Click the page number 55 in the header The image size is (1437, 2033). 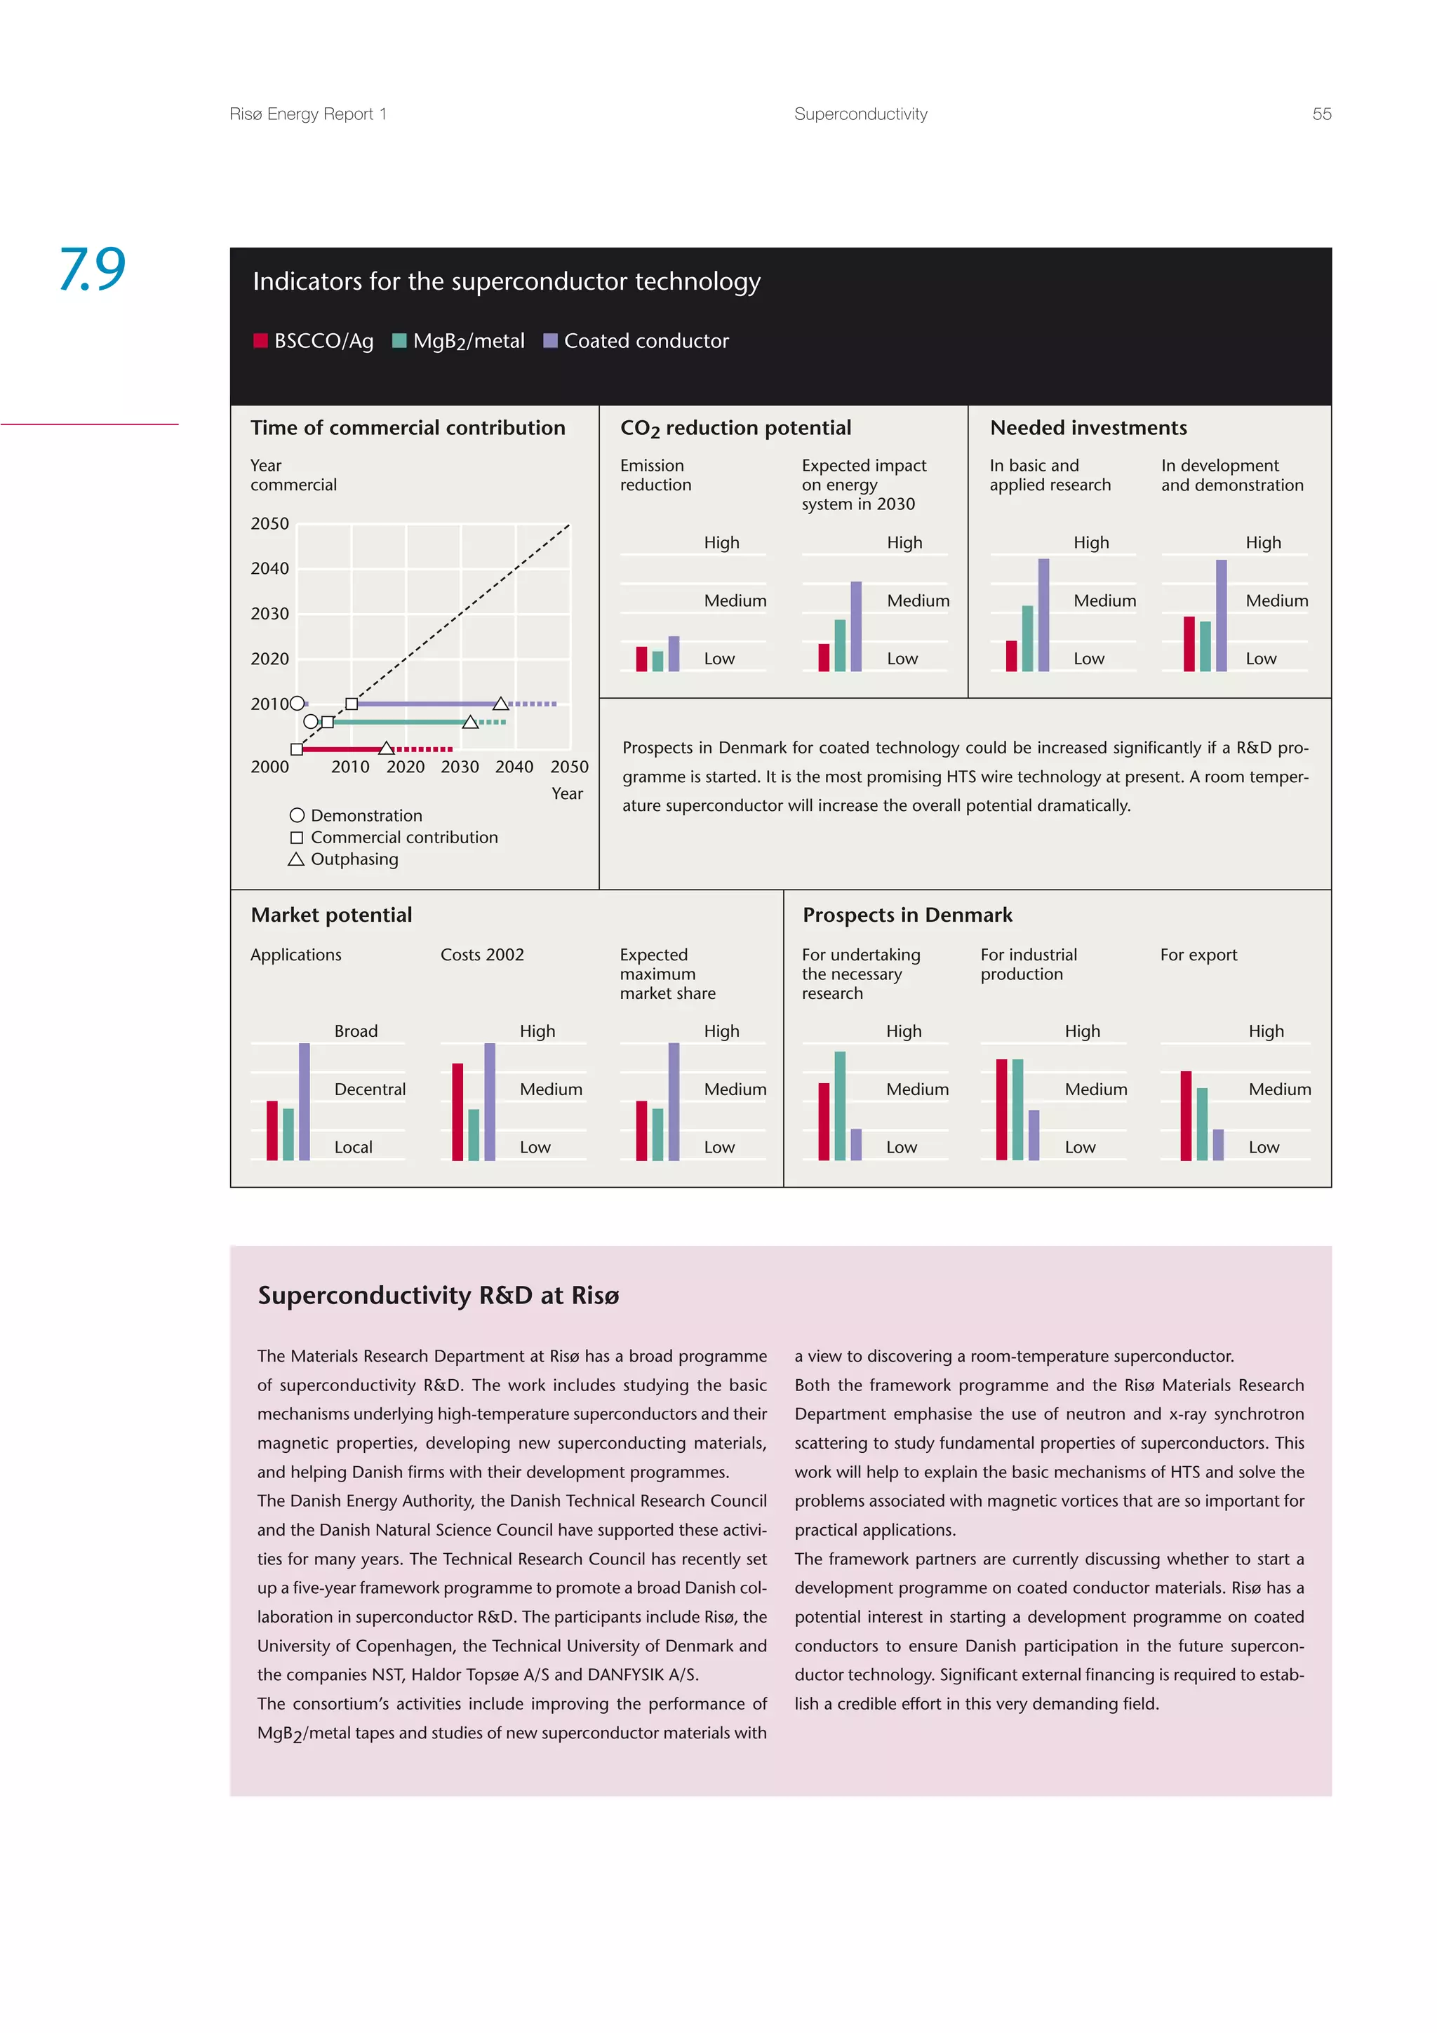[1321, 114]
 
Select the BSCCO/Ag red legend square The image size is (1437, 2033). [260, 341]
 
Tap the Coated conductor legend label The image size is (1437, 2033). [646, 341]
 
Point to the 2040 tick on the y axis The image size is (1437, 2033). [269, 568]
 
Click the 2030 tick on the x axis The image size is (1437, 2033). [460, 767]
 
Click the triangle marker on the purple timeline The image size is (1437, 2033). [501, 704]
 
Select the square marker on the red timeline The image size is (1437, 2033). [297, 749]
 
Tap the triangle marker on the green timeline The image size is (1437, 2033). [471, 723]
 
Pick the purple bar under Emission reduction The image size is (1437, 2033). [674, 654]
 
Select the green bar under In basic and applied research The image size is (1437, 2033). [1027, 638]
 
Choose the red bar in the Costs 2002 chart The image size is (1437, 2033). [457, 1111]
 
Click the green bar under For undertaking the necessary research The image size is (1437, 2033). [839, 1105]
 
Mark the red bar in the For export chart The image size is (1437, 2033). [1186, 1115]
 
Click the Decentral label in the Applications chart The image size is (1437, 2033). [369, 1089]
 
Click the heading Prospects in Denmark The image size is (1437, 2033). [907, 915]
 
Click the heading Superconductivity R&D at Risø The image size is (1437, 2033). [439, 1296]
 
